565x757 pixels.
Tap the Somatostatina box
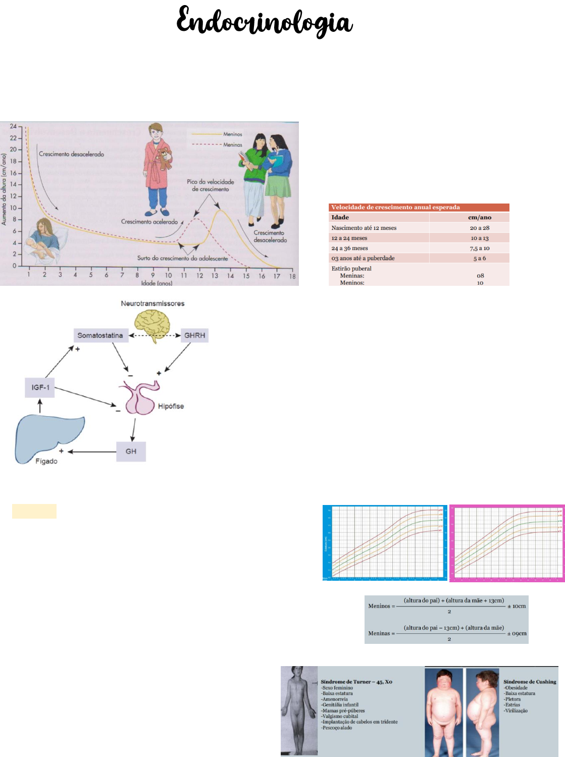click(100, 335)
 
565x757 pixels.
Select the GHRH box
click(194, 335)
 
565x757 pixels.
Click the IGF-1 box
click(40, 387)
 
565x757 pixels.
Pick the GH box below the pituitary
click(131, 451)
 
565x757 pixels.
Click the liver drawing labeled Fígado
click(48, 437)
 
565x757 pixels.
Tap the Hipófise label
click(171, 406)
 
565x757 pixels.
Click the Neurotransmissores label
click(152, 304)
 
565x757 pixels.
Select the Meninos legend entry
click(232, 134)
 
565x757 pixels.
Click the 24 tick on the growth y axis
click(13, 126)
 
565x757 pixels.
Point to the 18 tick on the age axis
click(292, 276)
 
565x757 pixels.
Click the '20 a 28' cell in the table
click(479, 228)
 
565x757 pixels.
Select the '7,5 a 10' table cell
click(479, 248)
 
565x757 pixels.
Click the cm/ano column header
click(479, 217)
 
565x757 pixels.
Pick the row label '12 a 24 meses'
click(349, 238)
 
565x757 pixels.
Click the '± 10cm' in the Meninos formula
click(517, 606)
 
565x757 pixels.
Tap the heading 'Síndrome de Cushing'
click(530, 682)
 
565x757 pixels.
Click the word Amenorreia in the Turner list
click(335, 699)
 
